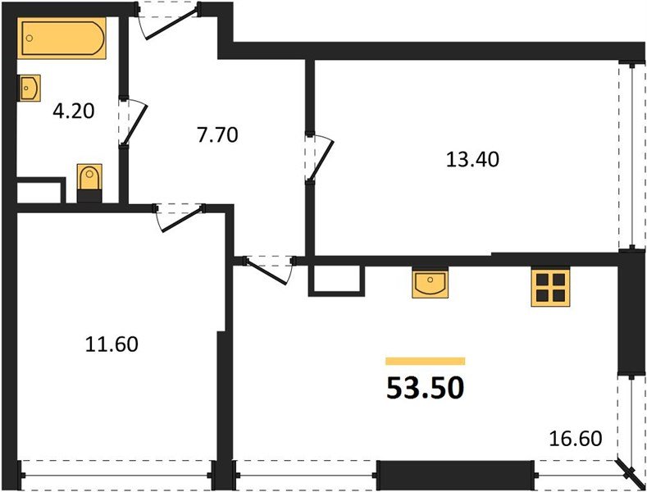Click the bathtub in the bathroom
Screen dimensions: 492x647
tap(64, 39)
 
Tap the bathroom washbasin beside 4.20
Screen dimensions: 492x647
tap(29, 87)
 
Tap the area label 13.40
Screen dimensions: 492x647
tap(472, 159)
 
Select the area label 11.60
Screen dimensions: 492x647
tap(112, 344)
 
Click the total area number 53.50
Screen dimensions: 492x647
tap(425, 387)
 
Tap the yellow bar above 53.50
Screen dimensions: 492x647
tap(425, 360)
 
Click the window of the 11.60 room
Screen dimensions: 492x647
tap(115, 473)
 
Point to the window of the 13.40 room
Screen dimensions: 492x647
tap(631, 156)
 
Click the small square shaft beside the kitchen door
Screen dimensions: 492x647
tap(335, 280)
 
